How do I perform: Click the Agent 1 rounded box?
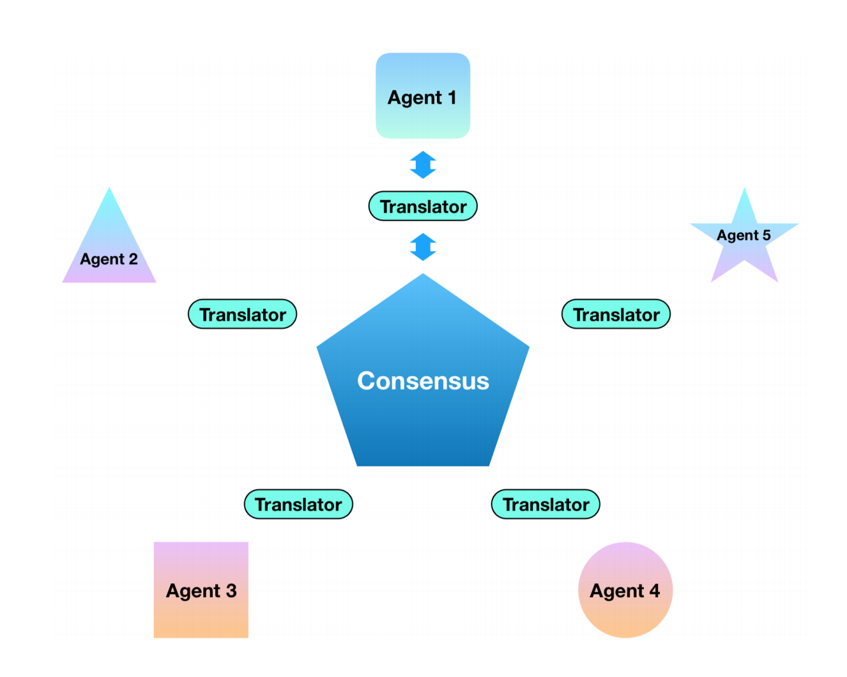422,96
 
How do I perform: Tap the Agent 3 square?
201,590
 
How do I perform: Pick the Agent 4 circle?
625,590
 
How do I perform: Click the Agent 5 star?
744,240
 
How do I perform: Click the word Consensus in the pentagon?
423,381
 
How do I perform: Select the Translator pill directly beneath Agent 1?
423,206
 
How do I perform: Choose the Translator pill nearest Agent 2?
242,314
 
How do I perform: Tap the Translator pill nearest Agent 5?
616,314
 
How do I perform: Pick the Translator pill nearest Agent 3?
298,505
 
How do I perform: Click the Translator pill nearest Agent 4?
546,505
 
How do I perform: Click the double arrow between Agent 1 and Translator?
423,165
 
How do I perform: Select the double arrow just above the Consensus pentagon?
423,247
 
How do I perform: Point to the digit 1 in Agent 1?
452,97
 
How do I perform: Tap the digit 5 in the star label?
767,235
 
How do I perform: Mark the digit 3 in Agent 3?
231,590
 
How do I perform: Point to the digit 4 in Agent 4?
655,590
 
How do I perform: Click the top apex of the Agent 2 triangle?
109,190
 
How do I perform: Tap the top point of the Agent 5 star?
744,190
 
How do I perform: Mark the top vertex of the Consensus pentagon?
423,276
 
